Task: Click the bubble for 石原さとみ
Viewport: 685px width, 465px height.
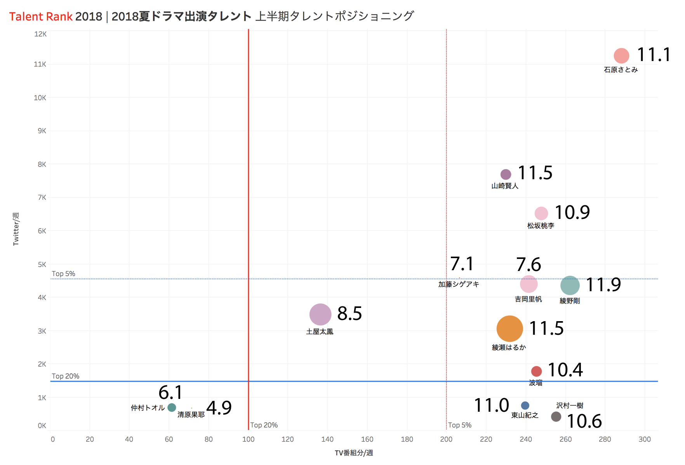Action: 621,56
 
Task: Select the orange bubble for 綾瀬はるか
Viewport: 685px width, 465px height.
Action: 509,329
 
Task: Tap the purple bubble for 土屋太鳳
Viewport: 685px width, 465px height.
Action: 320,315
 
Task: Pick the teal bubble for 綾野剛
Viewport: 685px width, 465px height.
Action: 570,285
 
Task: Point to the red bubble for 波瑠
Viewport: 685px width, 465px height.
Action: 536,371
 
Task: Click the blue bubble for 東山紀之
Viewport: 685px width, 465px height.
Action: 525,406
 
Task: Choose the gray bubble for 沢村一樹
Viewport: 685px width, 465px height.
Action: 556,416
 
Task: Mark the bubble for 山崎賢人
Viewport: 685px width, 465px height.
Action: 506,174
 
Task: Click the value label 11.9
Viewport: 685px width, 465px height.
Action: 603,285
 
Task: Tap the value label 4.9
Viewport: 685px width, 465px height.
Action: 219,408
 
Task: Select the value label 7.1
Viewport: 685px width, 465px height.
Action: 462,264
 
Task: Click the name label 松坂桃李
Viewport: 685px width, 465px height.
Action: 541,226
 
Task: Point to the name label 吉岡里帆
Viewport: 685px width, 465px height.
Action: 528,299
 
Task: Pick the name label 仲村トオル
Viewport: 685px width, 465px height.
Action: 148,408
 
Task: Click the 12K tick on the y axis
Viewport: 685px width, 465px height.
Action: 40,34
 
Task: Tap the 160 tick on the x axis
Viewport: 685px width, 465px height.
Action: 367,439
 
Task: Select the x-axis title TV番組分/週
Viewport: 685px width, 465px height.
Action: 354,453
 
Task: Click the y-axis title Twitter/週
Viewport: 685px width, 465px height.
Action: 16,229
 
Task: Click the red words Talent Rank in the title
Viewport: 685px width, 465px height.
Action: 41,17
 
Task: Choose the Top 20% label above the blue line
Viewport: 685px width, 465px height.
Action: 66,376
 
